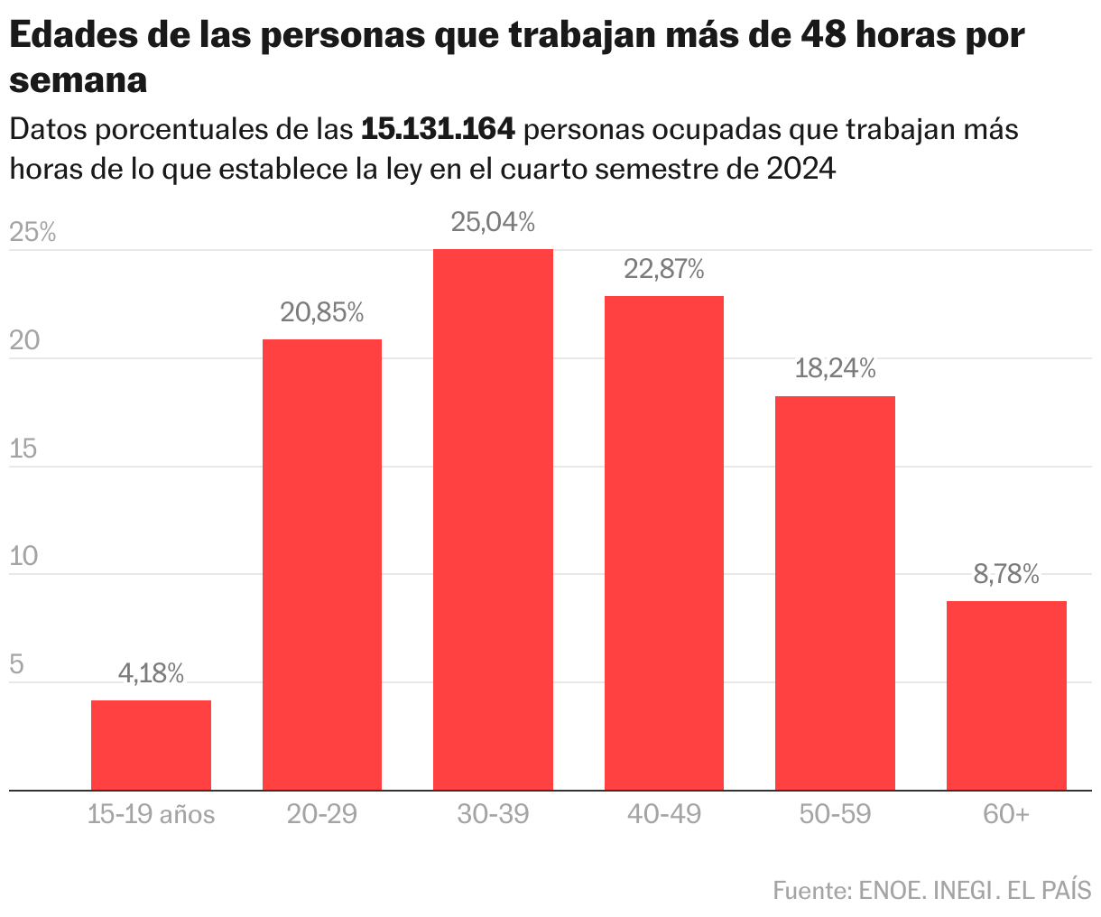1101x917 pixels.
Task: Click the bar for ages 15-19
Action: click(151, 745)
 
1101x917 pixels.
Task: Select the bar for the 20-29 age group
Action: click(322, 564)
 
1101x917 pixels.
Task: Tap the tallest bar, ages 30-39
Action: click(493, 519)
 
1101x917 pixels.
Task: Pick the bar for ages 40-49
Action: click(664, 542)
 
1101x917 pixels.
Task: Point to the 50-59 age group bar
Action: click(835, 593)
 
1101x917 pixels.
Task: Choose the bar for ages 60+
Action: click(1006, 695)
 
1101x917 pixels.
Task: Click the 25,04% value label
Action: click(493, 222)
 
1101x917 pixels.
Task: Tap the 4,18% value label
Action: click(151, 673)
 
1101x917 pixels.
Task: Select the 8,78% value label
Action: click(1006, 574)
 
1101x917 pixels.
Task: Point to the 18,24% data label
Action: click(835, 368)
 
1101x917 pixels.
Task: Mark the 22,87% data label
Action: click(664, 269)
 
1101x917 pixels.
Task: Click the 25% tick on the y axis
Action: click(32, 233)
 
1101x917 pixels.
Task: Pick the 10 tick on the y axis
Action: click(24, 556)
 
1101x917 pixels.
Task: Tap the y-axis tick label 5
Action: click(16, 665)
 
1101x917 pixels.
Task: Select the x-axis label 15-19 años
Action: click(151, 815)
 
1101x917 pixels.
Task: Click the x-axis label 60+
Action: click(1006, 815)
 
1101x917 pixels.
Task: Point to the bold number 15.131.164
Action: click(438, 130)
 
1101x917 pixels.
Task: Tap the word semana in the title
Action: click(79, 80)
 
